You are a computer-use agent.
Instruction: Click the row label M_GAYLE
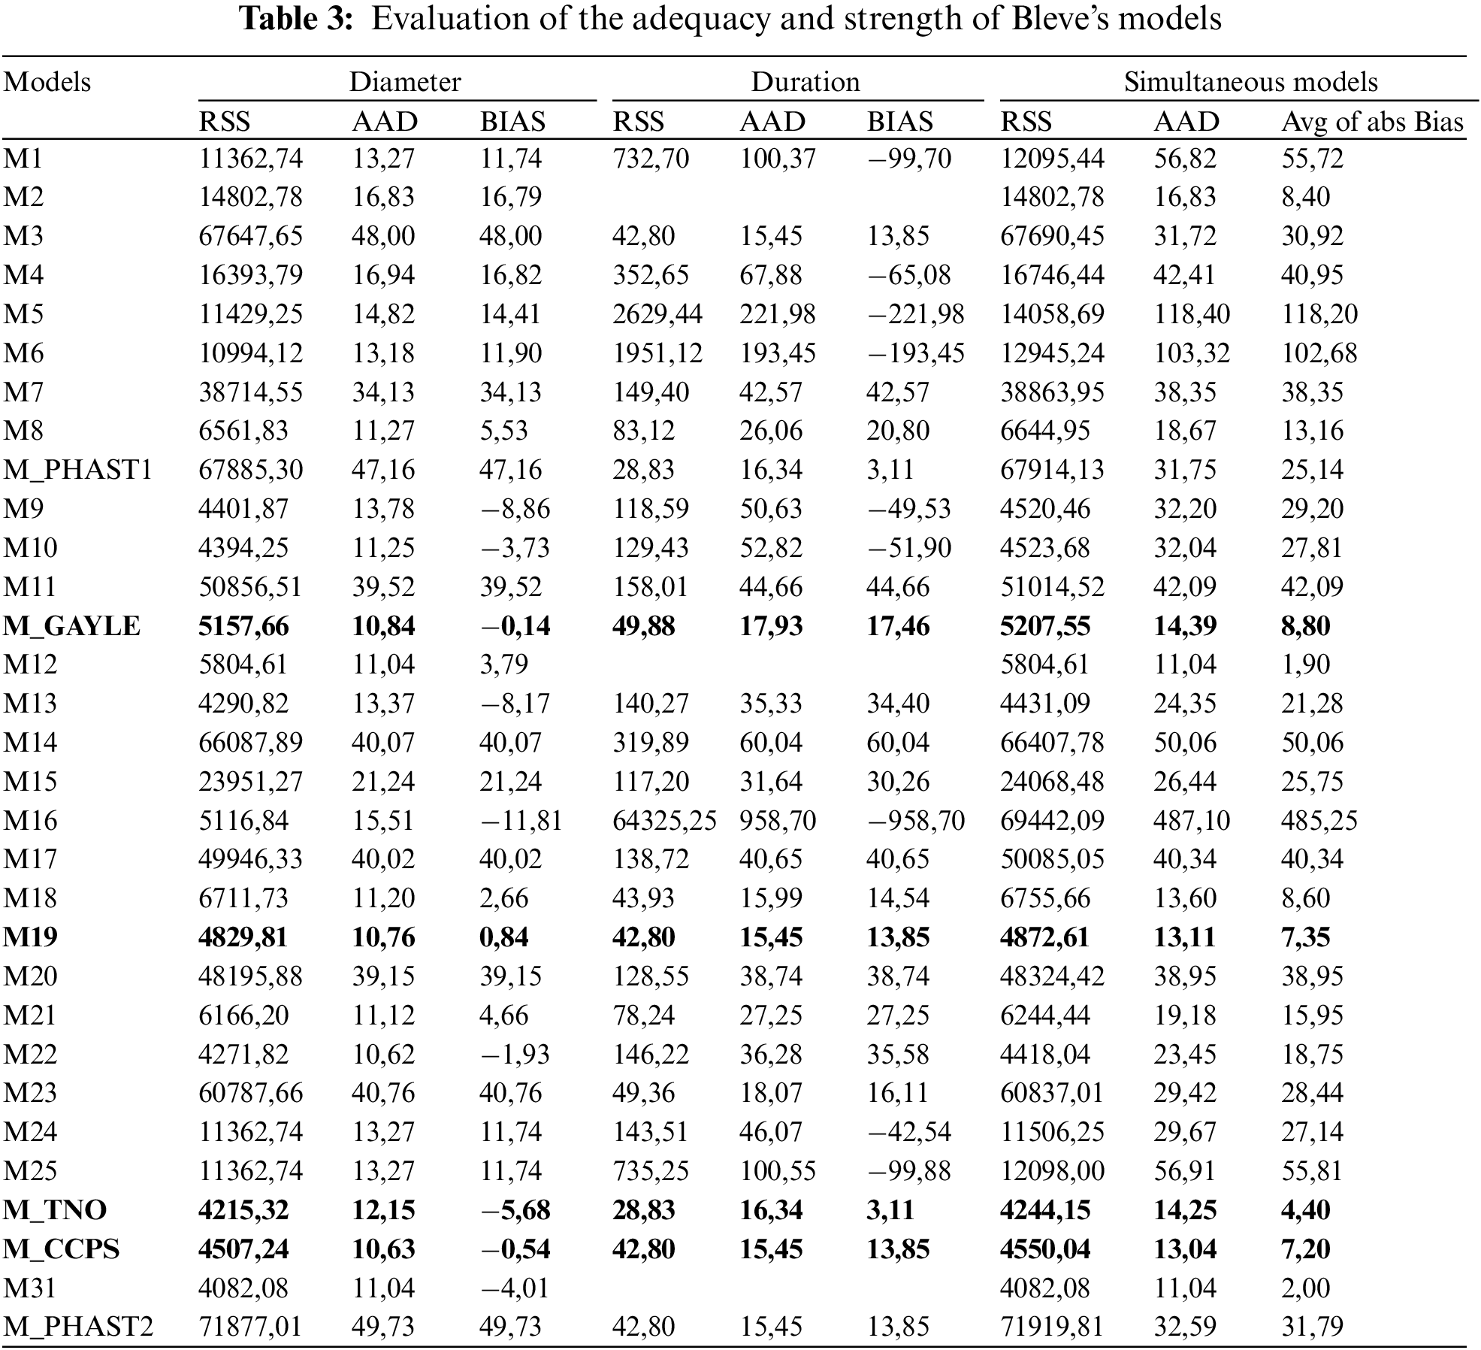(x=71, y=625)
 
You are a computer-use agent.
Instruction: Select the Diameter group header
(x=404, y=81)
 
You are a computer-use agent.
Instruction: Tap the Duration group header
(x=805, y=81)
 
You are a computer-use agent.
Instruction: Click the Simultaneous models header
(x=1250, y=81)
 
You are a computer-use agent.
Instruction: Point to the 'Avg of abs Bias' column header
(x=1372, y=121)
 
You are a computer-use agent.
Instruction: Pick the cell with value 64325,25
(x=664, y=820)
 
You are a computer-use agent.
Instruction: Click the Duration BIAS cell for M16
(x=915, y=820)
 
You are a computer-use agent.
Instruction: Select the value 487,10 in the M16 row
(x=1191, y=820)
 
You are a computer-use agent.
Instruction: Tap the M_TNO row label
(x=55, y=1209)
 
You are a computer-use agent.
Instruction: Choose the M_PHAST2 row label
(x=78, y=1326)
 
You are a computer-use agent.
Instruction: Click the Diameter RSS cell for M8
(x=243, y=431)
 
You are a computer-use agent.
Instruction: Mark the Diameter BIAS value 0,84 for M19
(x=503, y=937)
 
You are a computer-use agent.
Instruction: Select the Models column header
(x=47, y=81)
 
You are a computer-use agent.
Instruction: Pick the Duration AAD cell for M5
(x=777, y=313)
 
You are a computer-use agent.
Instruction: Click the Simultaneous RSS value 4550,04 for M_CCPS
(x=1044, y=1249)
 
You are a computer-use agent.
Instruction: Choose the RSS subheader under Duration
(x=638, y=121)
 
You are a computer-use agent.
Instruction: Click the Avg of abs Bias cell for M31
(x=1305, y=1288)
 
